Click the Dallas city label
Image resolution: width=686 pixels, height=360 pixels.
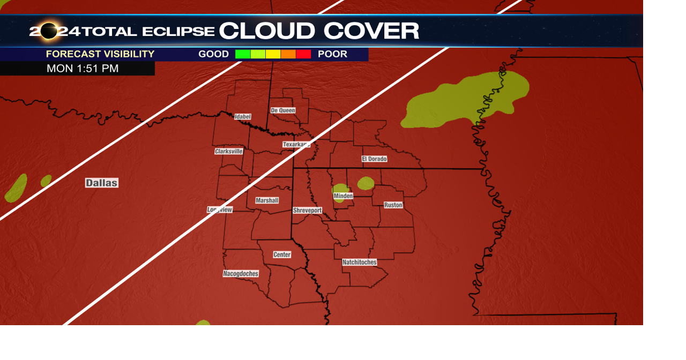click(x=101, y=183)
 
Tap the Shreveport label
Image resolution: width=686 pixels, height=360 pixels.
click(x=308, y=211)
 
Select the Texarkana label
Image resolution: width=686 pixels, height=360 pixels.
click(x=296, y=145)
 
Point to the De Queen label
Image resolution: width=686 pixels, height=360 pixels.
click(x=283, y=110)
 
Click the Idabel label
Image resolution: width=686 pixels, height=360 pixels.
click(x=242, y=117)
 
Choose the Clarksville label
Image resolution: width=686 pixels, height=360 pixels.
click(x=229, y=152)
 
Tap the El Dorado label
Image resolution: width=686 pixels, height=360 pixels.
click(x=374, y=159)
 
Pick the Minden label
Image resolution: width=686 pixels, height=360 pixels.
click(x=344, y=196)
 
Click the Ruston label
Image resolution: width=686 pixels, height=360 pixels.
click(x=393, y=205)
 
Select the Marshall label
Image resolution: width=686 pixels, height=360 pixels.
click(x=267, y=200)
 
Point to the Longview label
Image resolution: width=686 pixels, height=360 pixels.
click(x=220, y=209)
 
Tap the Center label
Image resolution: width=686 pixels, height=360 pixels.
click(x=282, y=254)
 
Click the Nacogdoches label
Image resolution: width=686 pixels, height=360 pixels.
click(x=241, y=274)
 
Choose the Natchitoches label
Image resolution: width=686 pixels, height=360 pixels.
click(x=360, y=262)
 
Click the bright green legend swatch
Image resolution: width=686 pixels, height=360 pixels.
click(x=243, y=54)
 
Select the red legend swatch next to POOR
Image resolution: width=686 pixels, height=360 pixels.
click(x=303, y=54)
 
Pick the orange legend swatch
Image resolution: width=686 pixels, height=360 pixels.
click(x=288, y=54)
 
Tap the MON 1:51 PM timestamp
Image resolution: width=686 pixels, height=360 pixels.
click(x=83, y=69)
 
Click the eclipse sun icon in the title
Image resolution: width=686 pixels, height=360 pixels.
click(x=49, y=31)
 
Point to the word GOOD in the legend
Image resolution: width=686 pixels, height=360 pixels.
click(x=213, y=54)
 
